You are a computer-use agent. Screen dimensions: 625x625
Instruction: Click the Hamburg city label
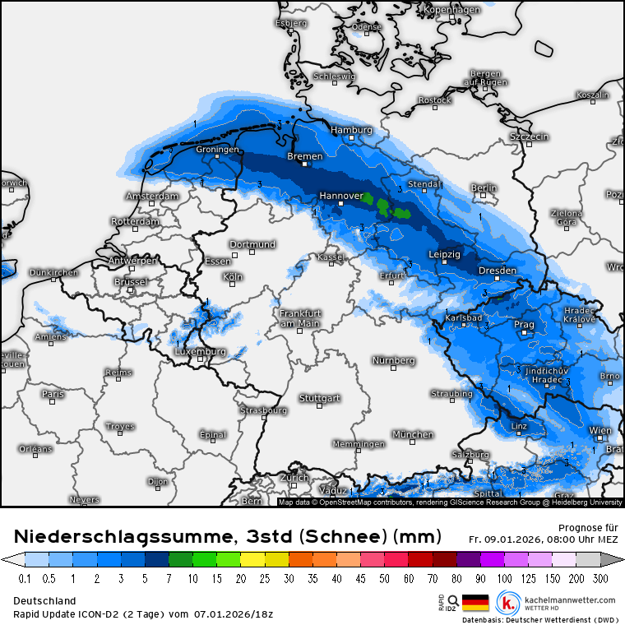[x=351, y=130]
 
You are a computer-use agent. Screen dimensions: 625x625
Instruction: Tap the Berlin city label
[x=484, y=188]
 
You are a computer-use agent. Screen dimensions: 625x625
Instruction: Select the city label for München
[x=413, y=434]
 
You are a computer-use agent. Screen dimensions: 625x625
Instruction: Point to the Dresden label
[x=497, y=271]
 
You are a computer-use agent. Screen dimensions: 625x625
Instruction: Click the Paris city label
[x=53, y=394]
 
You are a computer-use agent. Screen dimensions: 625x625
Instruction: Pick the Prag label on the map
[x=524, y=325]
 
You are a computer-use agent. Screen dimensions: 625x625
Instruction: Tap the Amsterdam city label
[x=151, y=197]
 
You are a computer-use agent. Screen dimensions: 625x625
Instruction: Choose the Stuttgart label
[x=320, y=398]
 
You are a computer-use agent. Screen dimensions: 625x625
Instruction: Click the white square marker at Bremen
[x=304, y=164]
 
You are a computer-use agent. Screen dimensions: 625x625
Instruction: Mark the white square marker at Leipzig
[x=445, y=264]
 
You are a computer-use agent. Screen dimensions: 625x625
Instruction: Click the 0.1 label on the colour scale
[x=25, y=579]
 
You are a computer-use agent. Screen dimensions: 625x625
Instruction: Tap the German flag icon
[x=475, y=603]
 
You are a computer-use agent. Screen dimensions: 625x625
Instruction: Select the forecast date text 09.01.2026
[x=509, y=539]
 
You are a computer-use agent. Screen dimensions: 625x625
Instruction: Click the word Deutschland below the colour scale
[x=44, y=600]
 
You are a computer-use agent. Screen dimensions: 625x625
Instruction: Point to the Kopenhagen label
[x=451, y=10]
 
